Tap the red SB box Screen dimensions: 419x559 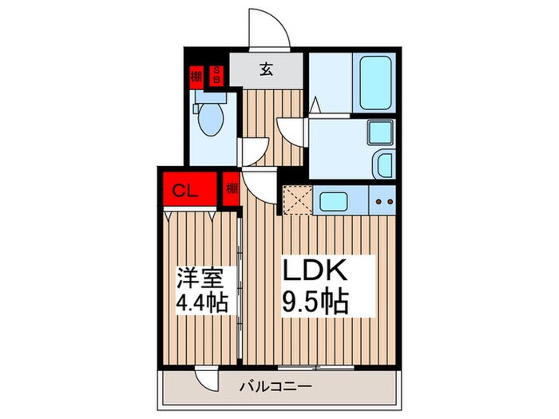pos(216,77)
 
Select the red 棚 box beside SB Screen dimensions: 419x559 pos(196,77)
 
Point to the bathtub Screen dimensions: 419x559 pos(375,84)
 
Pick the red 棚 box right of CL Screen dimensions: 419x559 pos(232,190)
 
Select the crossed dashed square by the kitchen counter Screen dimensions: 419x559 pos(297,200)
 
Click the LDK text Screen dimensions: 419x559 pos(317,271)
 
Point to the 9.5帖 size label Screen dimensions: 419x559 pos(317,302)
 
